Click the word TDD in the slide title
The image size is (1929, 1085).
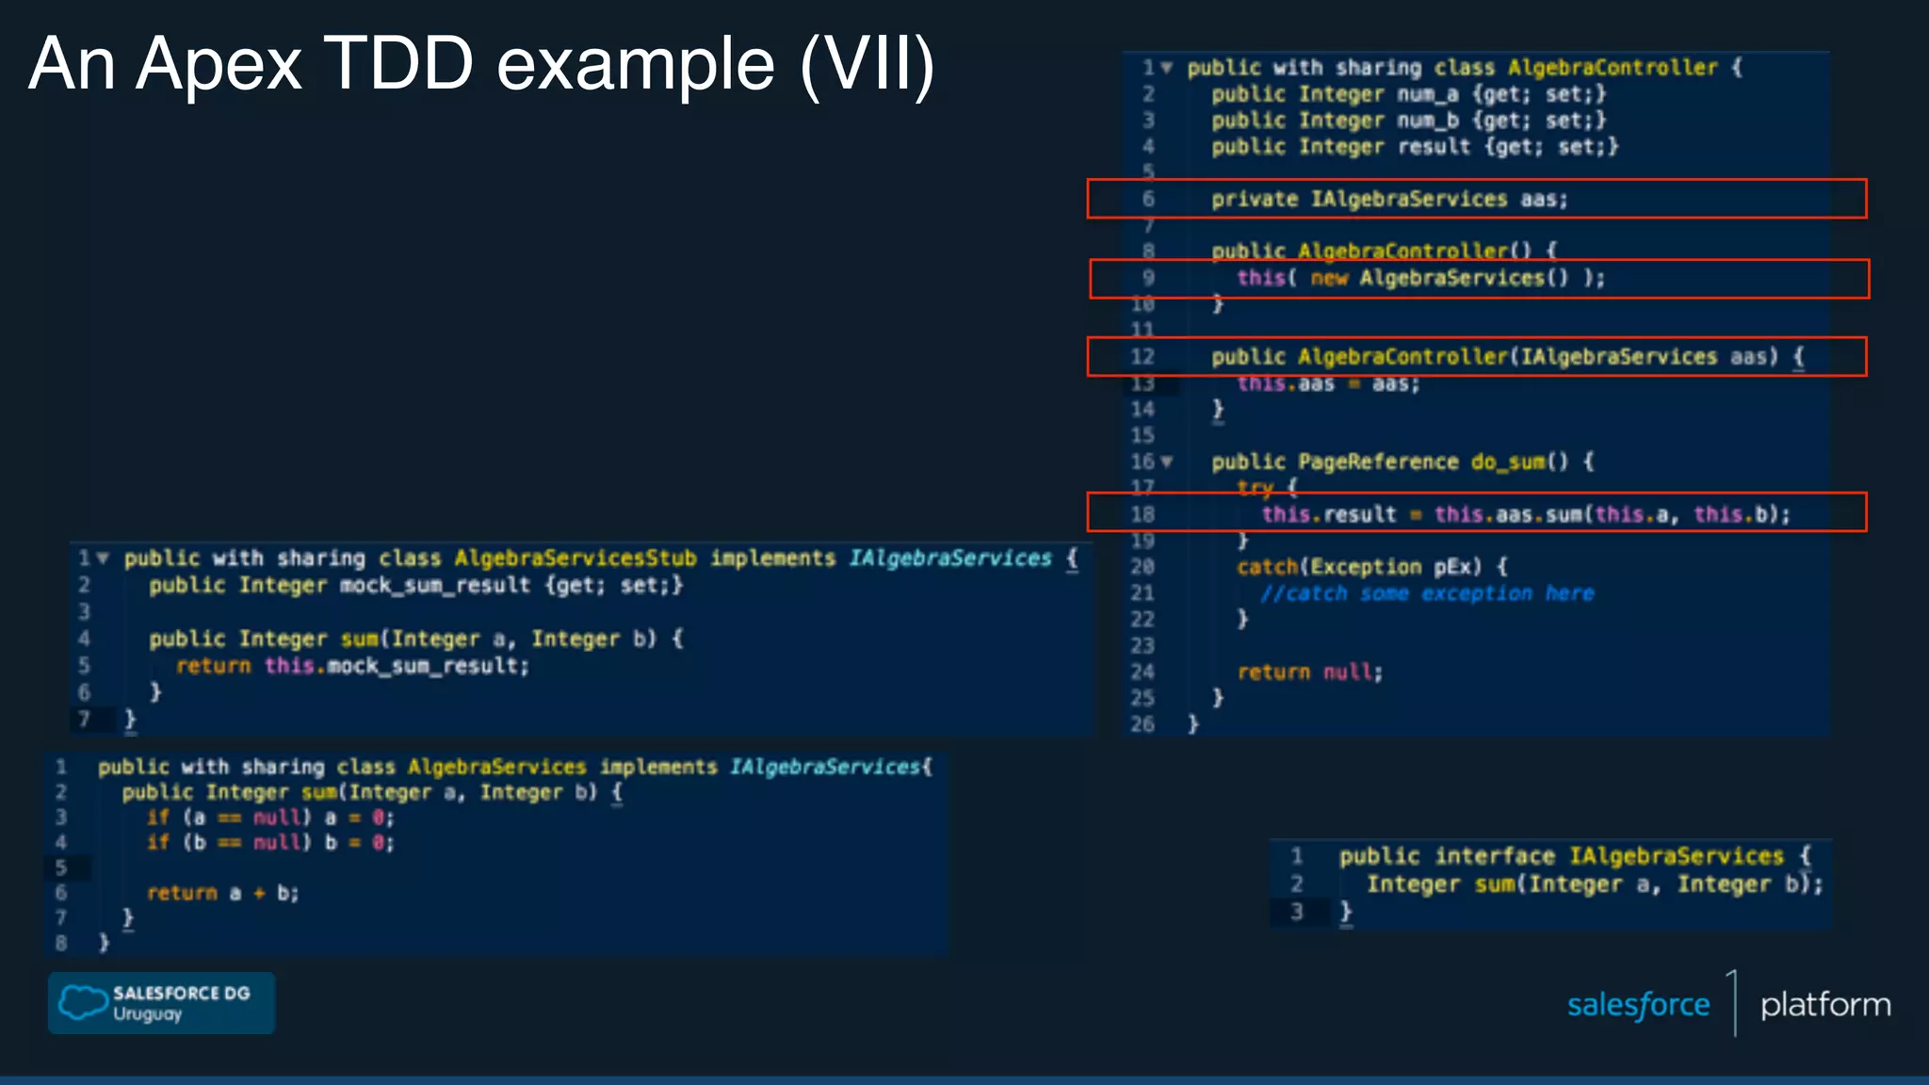pos(398,64)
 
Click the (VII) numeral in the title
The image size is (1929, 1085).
pos(867,64)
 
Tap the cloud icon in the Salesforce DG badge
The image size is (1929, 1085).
pos(83,1002)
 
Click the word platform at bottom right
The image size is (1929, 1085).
pos(1824,1005)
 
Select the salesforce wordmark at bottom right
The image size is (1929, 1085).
pos(1638,1005)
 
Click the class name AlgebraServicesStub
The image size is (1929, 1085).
pos(575,559)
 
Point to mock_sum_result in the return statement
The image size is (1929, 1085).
pos(422,666)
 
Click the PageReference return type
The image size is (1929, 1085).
pos(1377,462)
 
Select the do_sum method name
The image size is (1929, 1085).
pos(1508,462)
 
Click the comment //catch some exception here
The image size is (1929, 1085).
pos(1427,593)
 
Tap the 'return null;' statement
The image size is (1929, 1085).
pos(1309,672)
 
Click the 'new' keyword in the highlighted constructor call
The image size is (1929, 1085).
pos(1328,278)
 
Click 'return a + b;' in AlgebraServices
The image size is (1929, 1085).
pos(222,893)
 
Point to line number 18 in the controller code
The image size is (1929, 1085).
pos(1142,514)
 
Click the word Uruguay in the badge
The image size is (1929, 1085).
pos(147,1014)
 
